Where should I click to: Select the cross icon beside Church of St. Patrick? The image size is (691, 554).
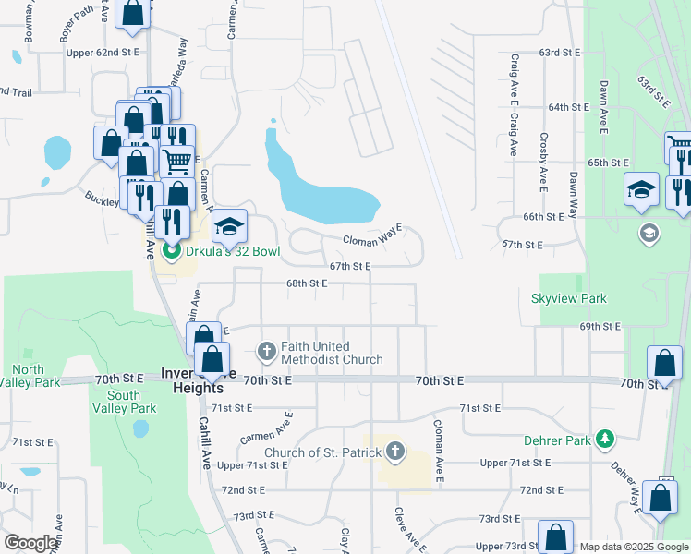[395, 452]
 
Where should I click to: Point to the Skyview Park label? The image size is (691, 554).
[569, 298]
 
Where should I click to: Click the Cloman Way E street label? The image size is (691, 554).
[373, 235]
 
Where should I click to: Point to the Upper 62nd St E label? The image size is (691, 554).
[103, 53]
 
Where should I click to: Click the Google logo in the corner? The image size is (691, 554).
[30, 542]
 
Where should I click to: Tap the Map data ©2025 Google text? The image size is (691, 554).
[633, 547]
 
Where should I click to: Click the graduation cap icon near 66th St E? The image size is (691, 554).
[642, 189]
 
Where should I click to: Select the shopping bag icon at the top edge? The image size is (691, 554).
[134, 12]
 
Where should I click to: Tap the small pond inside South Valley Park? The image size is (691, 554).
[140, 428]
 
